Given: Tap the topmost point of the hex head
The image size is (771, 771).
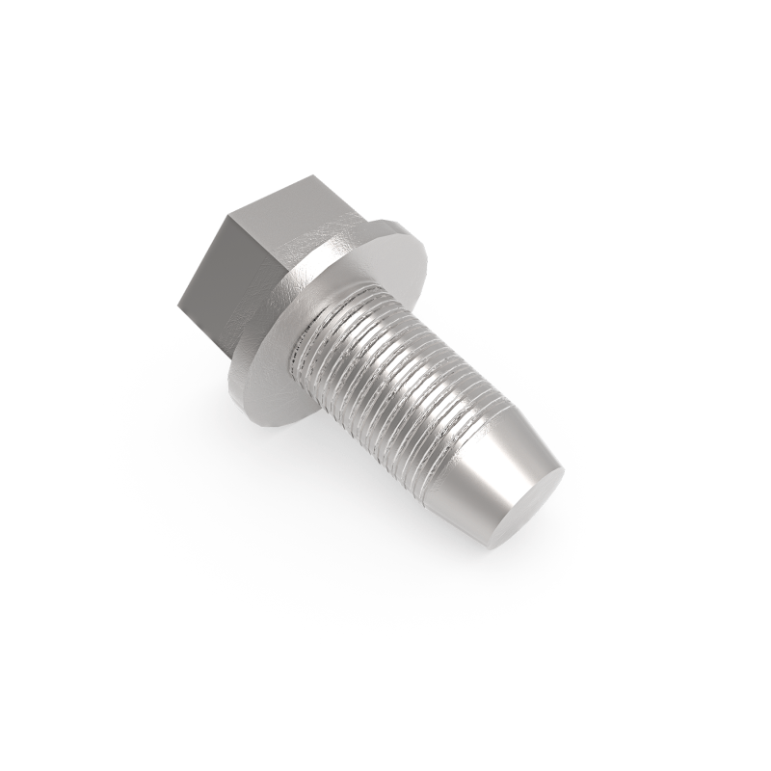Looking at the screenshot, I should coord(318,176).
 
